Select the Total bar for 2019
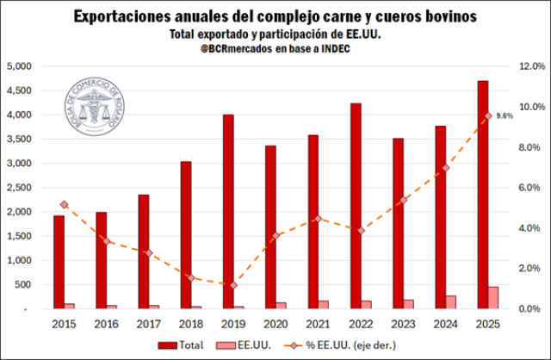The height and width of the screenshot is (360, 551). (x=228, y=211)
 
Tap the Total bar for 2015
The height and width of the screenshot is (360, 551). (x=59, y=262)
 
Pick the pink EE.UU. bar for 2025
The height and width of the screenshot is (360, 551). (x=493, y=297)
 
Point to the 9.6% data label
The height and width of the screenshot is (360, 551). (x=505, y=115)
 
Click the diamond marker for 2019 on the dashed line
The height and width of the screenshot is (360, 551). (x=233, y=285)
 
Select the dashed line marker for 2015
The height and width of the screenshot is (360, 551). (x=64, y=204)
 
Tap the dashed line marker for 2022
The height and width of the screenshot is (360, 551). (x=361, y=230)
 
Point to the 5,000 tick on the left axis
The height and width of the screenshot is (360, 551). (x=19, y=66)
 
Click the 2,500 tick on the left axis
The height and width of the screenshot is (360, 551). (x=19, y=188)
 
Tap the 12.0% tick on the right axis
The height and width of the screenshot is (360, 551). (x=527, y=66)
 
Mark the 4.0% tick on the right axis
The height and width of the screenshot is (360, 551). (x=527, y=228)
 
